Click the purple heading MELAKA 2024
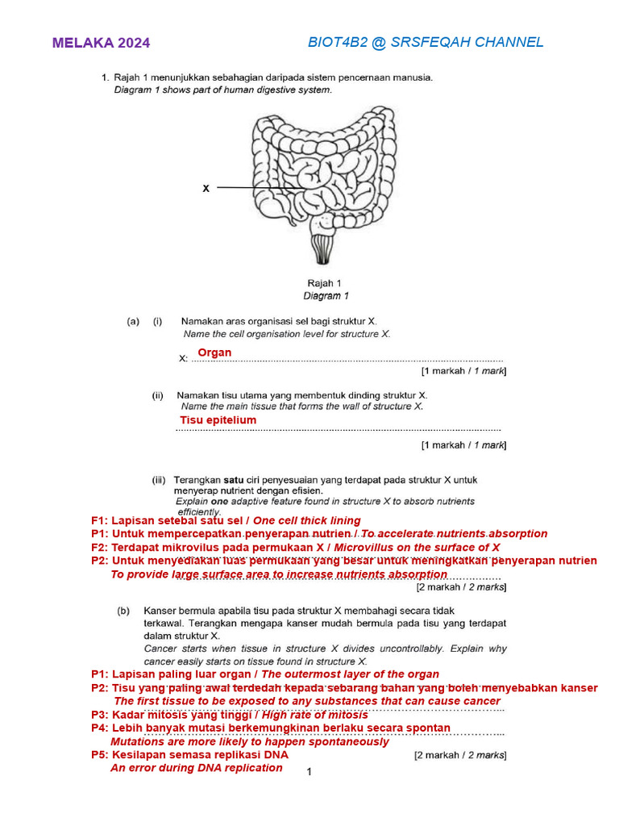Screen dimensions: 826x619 pos(101,44)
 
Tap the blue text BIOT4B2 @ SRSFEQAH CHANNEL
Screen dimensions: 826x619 pos(426,42)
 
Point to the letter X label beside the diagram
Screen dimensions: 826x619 pos(206,188)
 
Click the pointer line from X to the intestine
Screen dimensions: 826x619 pos(262,188)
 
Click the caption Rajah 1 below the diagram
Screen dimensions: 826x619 pos(324,283)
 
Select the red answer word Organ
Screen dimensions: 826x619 pos(214,353)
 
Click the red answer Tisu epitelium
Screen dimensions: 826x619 pos(218,420)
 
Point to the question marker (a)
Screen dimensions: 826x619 pos(134,321)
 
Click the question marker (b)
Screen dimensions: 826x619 pos(123,611)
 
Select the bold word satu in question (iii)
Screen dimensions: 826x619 pos(234,479)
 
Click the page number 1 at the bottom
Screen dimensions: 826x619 pos(309,772)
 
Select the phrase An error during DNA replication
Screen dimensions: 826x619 pos(196,768)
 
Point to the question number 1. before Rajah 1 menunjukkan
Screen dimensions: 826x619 pos(105,78)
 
